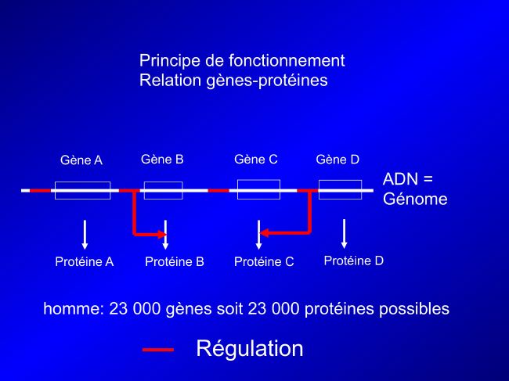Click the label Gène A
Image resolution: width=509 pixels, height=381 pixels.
point(81,160)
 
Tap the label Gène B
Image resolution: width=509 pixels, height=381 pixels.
point(162,160)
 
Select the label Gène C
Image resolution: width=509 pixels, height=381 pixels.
point(256,160)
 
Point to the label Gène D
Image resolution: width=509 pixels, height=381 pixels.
point(338,160)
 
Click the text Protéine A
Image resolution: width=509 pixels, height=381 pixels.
point(85,261)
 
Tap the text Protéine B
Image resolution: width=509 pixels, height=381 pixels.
point(175,261)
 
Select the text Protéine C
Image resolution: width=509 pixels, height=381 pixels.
point(264,261)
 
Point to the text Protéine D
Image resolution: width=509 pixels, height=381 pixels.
point(354,261)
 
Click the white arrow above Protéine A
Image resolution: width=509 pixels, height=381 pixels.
point(85,235)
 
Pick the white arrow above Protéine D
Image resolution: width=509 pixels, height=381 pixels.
point(344,234)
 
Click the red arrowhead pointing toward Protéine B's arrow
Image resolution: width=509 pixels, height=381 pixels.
point(162,234)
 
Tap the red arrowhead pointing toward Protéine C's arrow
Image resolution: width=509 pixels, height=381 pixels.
point(264,233)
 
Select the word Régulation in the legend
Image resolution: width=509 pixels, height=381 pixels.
point(250,349)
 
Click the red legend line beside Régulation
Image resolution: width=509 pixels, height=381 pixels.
point(158,350)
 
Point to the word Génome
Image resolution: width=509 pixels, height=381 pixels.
point(415,199)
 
